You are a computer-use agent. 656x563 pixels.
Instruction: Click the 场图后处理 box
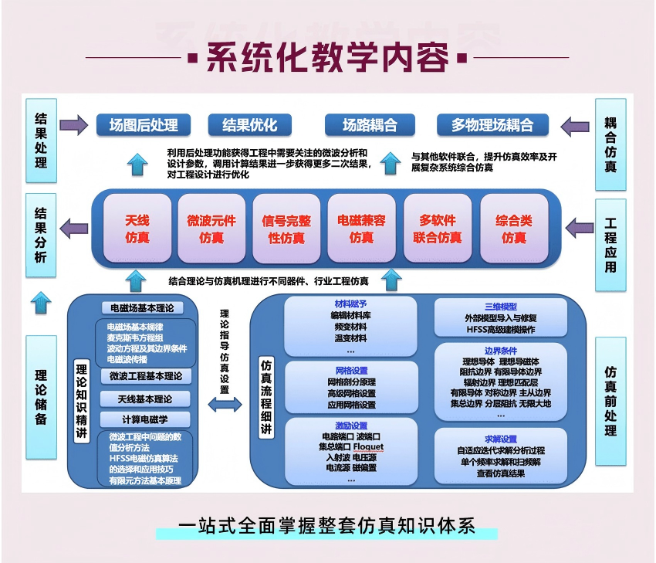coord(144,125)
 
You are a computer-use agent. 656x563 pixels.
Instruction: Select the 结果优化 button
coord(250,125)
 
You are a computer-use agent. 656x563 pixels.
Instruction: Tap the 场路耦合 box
coord(370,125)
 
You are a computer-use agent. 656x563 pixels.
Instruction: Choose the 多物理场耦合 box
coord(492,125)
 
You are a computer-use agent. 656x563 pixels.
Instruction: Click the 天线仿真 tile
coord(137,229)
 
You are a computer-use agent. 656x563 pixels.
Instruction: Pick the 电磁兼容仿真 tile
coord(361,229)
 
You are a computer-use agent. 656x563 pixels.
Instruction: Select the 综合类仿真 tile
coord(514,229)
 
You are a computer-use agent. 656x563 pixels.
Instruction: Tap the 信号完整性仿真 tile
coord(286,229)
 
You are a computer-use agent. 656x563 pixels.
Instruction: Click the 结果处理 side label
coord(41,141)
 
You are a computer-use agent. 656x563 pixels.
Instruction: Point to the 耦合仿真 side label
coord(610,144)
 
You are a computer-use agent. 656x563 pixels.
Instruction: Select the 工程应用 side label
coord(610,245)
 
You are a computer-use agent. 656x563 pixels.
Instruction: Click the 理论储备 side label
coord(41,397)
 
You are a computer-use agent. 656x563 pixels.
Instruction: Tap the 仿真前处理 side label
coord(610,401)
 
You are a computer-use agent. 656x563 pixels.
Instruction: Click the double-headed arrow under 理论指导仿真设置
coord(225,405)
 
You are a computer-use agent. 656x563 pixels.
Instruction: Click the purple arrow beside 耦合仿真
coord(575,126)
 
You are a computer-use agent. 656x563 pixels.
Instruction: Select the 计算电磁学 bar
coord(145,419)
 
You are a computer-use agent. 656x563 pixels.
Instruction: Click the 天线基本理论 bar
coord(145,399)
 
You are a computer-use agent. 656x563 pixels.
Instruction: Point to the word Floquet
coord(368,447)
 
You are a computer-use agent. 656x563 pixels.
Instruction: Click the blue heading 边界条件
coord(501,351)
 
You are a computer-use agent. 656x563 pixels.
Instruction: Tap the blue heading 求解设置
coord(501,439)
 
